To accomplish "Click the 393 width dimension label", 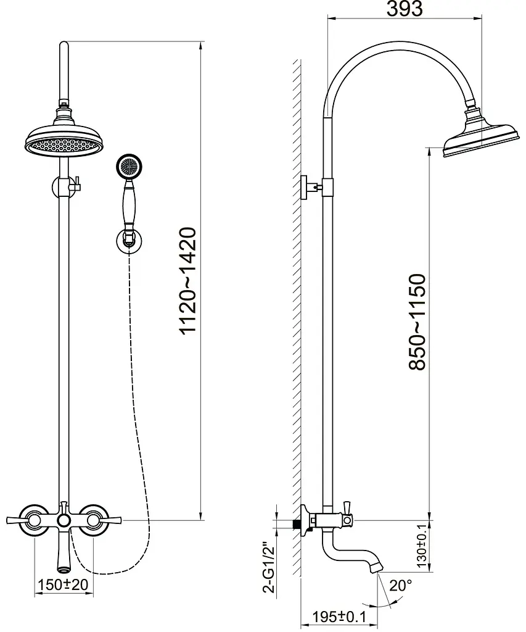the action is [405, 9].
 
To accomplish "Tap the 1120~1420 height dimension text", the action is [188, 281].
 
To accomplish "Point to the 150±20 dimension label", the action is [64, 584].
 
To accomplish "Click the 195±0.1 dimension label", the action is [339, 617].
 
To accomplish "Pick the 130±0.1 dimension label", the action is [422, 546].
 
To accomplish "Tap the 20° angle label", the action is [401, 586].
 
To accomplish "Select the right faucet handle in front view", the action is [99, 520].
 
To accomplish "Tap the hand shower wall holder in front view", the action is [129, 240].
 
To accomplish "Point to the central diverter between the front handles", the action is [64, 520].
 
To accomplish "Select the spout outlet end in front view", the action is [64, 570].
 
